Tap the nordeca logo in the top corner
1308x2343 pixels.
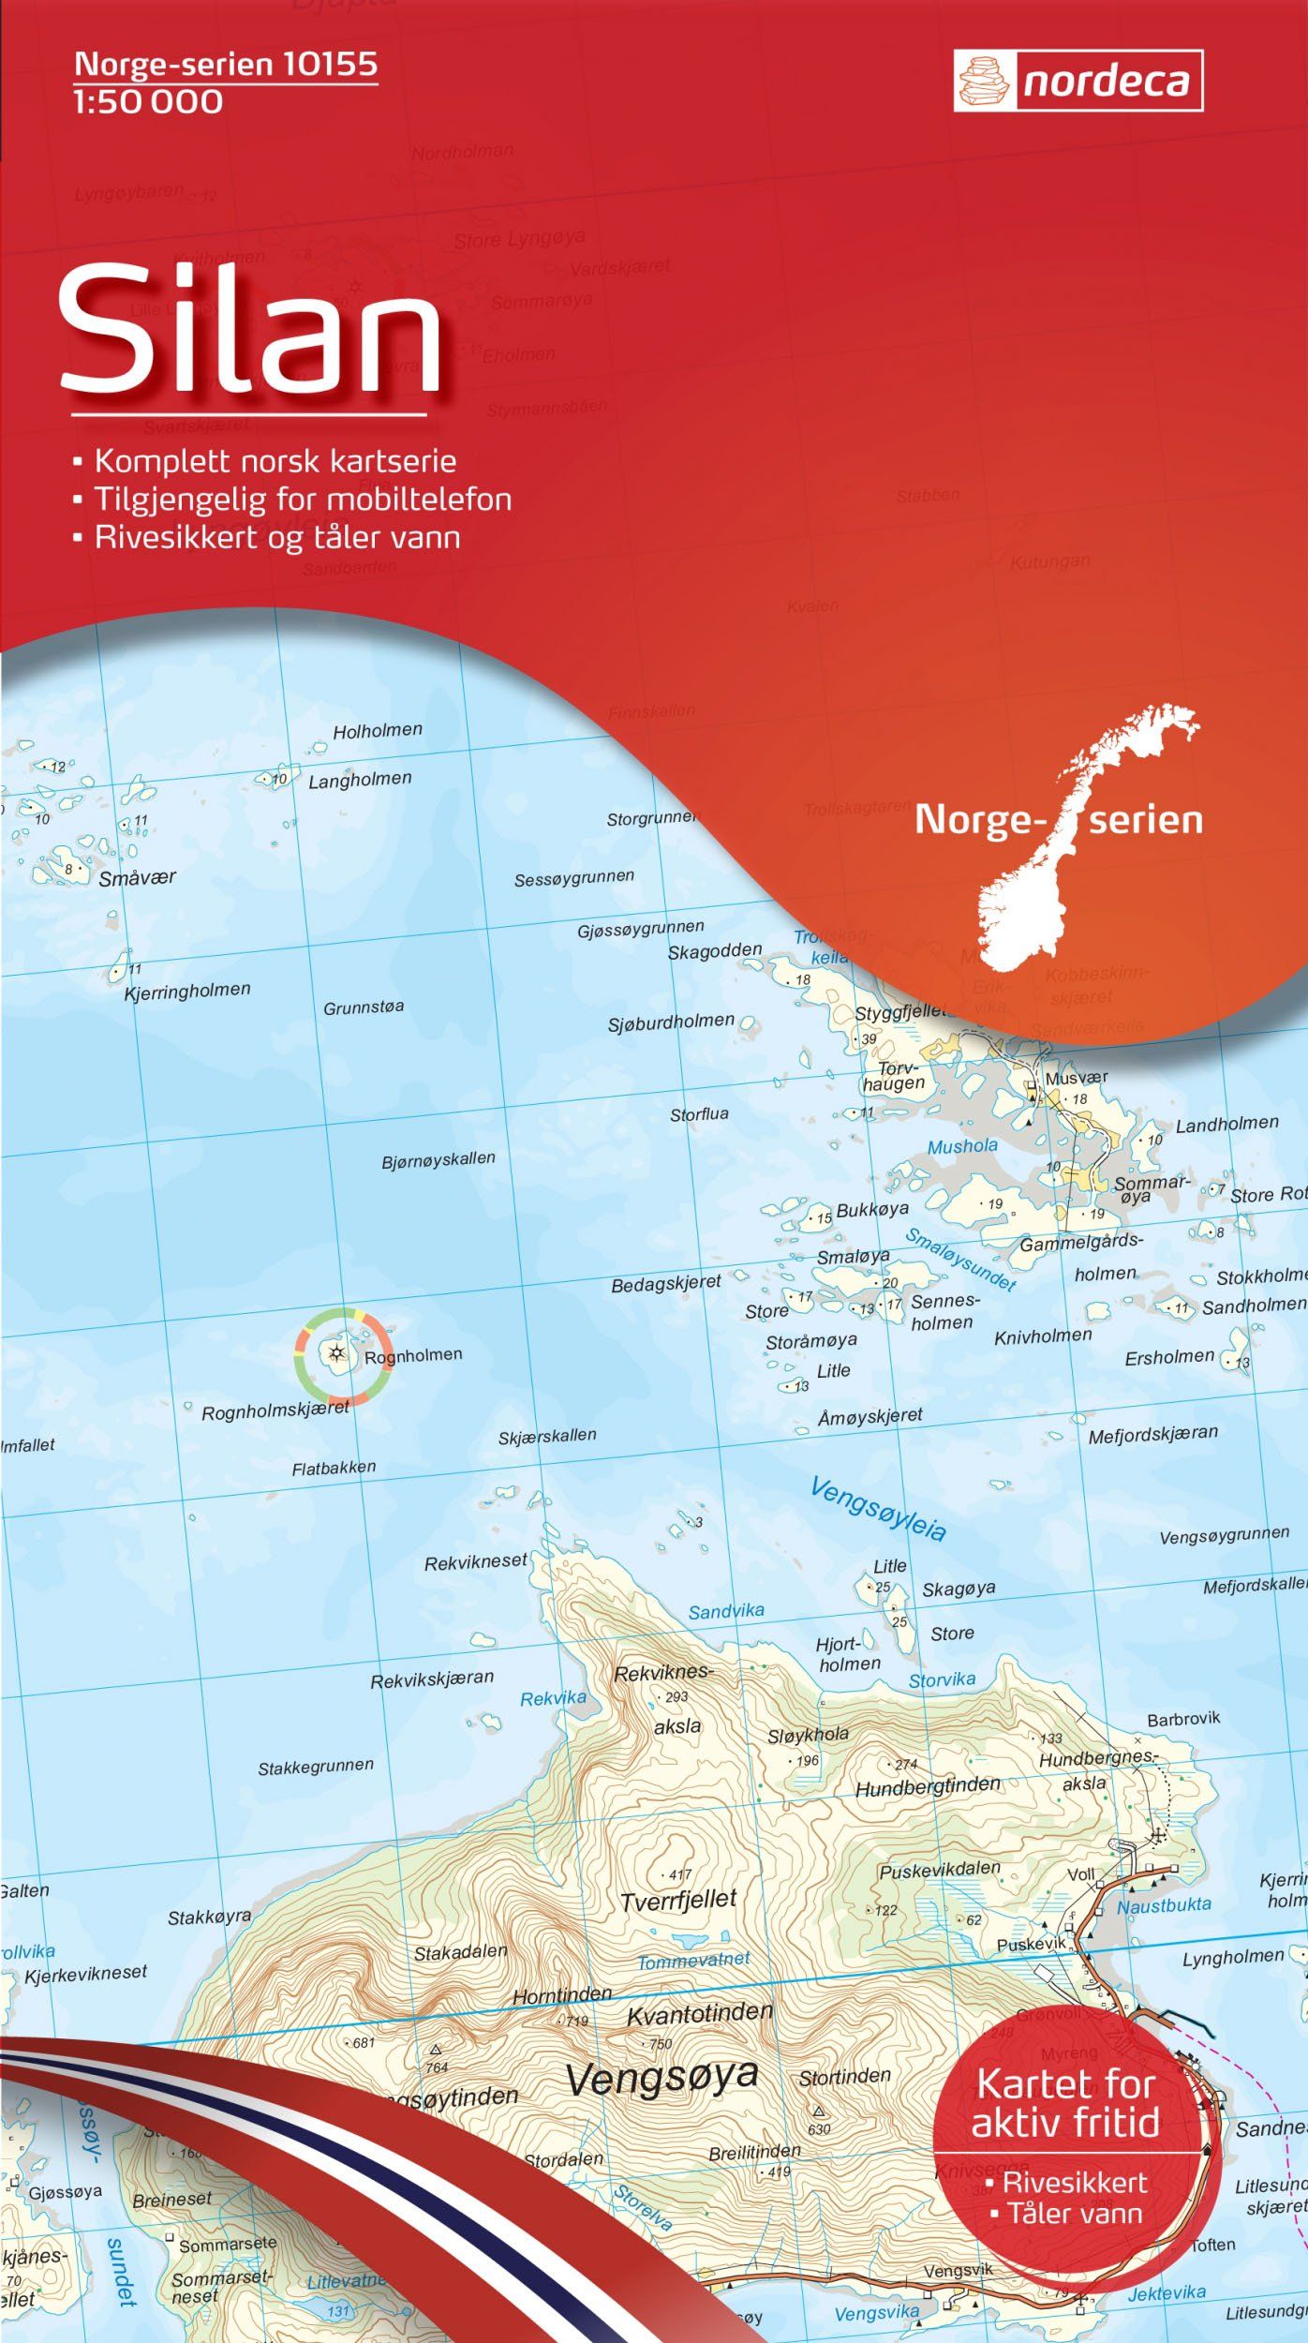click(x=1078, y=82)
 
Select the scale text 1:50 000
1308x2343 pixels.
click(x=148, y=102)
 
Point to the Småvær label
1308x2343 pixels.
click(x=137, y=878)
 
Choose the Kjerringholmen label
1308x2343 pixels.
click(x=187, y=991)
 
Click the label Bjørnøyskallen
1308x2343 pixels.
click(x=438, y=1159)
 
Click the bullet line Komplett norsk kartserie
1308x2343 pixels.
click(x=275, y=461)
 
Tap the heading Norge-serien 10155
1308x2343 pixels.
click(x=226, y=64)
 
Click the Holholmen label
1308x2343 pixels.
click(x=378, y=730)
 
